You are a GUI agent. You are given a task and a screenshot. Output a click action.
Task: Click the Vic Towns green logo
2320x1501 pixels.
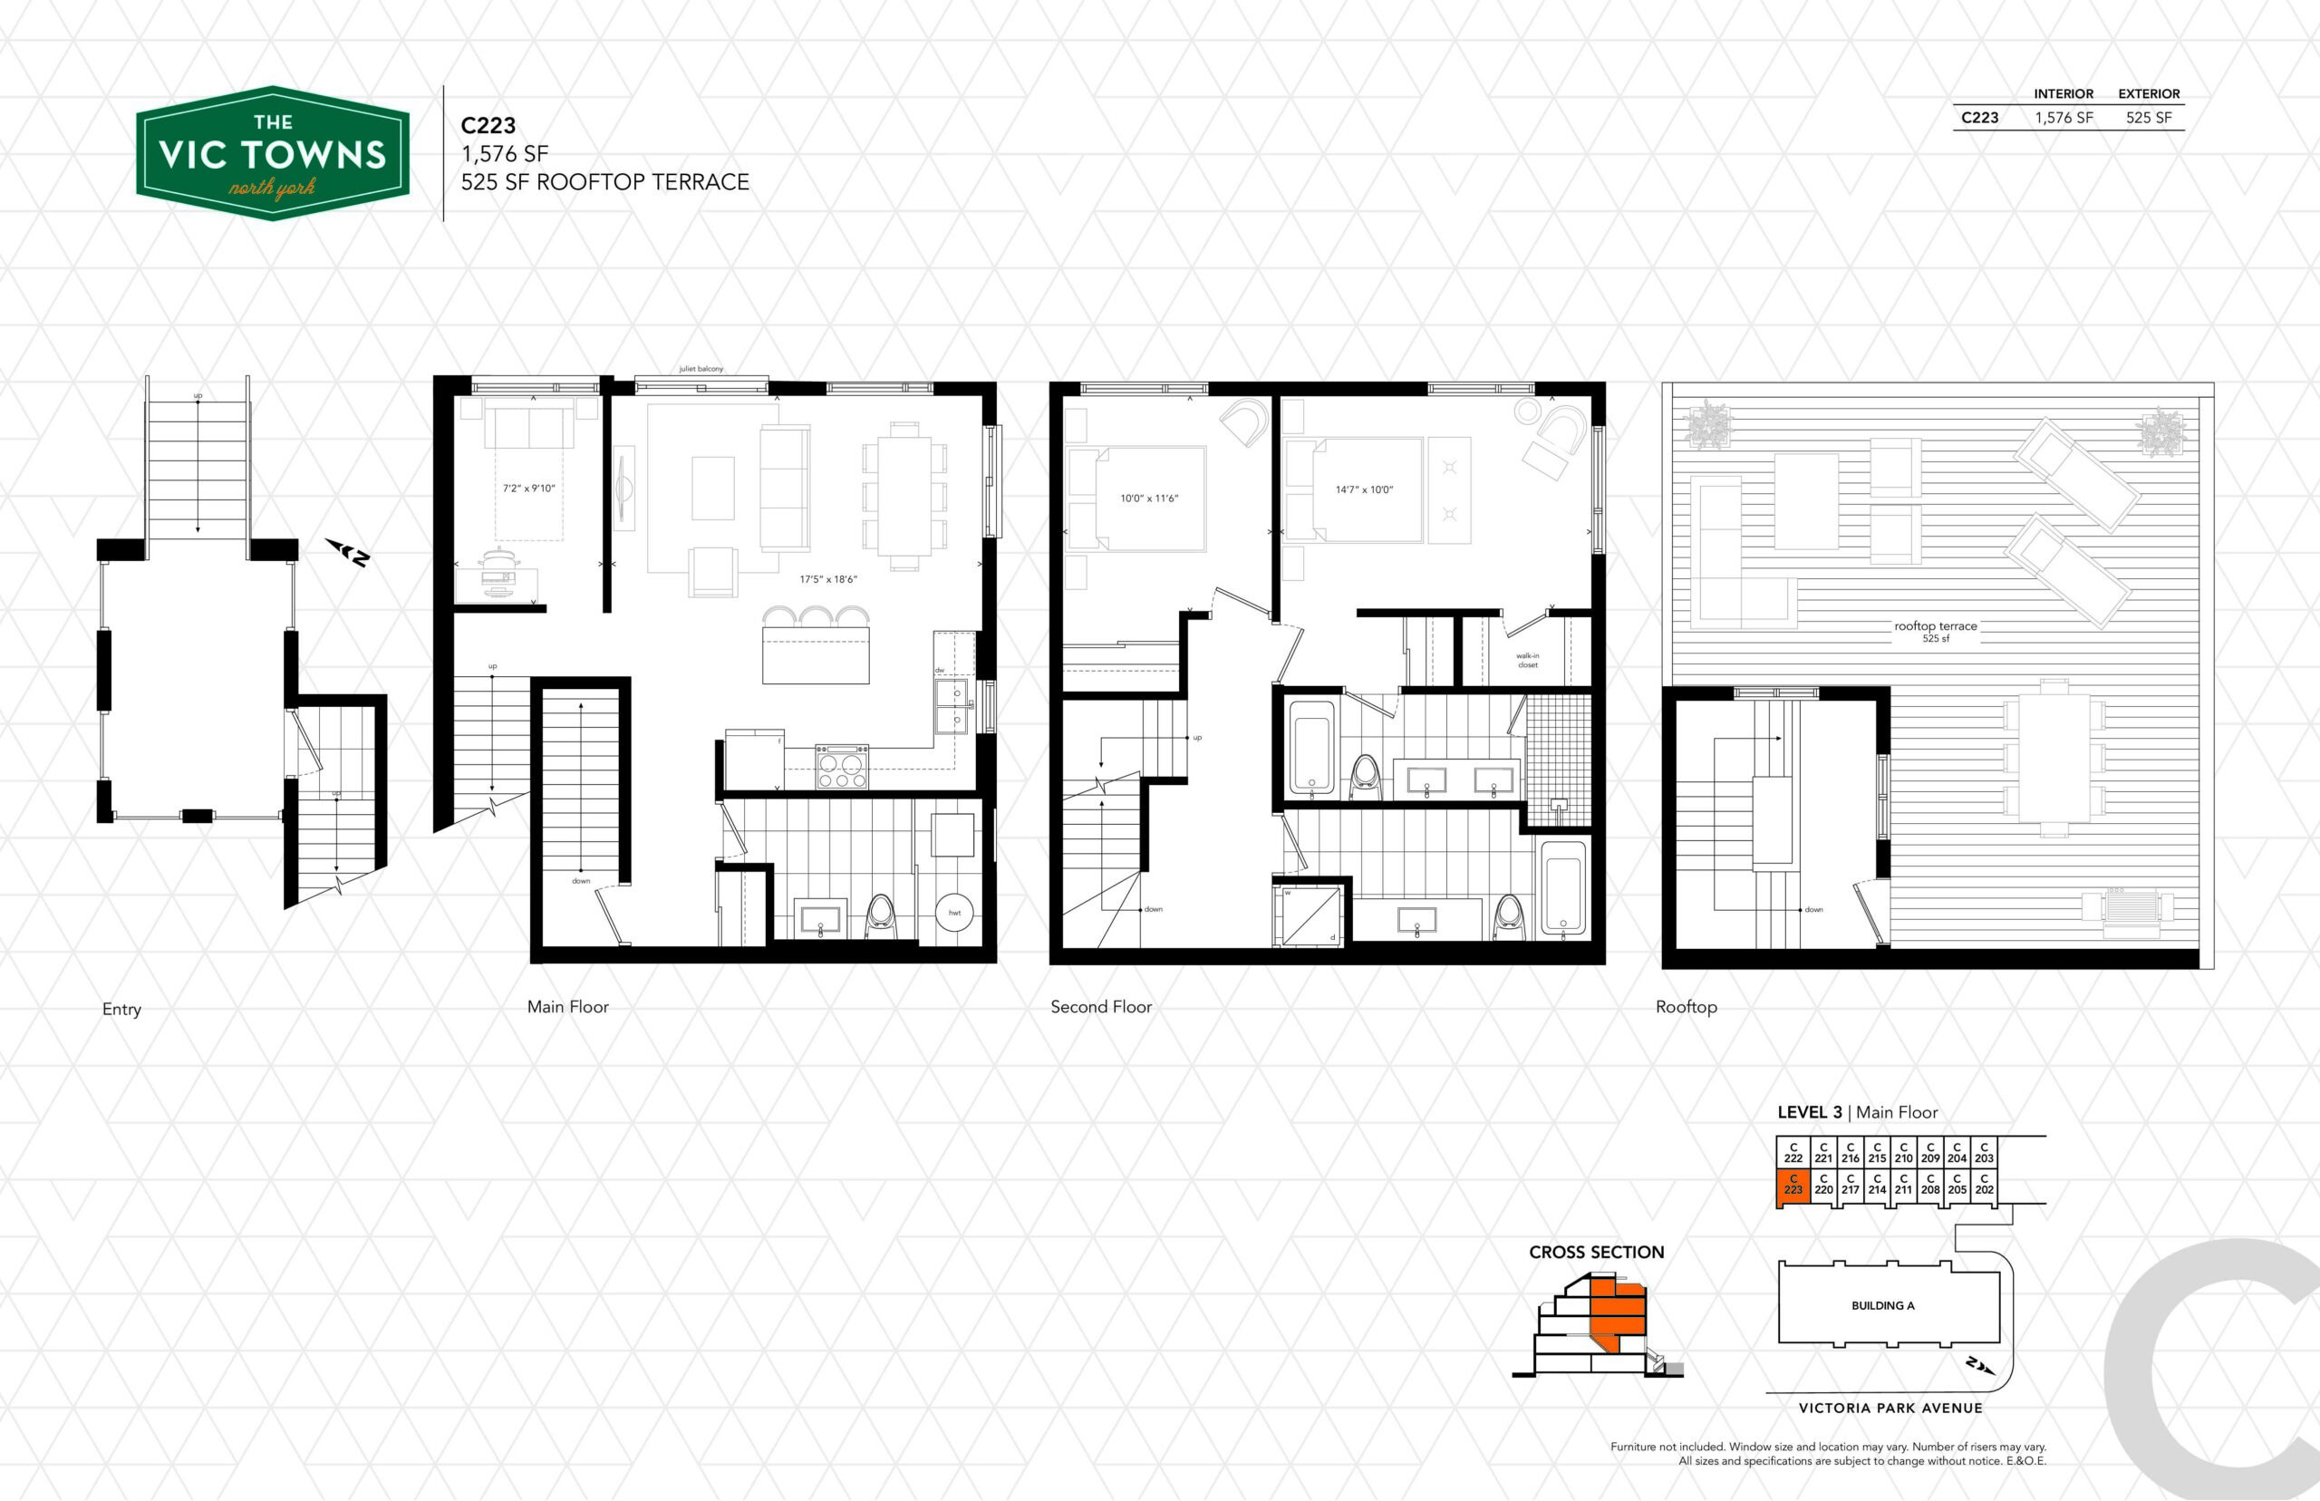click(x=272, y=153)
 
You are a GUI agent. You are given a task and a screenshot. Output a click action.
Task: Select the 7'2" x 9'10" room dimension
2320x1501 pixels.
click(x=528, y=489)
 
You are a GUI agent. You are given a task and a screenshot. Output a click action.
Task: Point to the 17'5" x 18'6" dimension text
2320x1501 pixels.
click(x=828, y=579)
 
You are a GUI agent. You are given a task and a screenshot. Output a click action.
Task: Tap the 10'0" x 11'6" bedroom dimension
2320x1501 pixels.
click(x=1149, y=498)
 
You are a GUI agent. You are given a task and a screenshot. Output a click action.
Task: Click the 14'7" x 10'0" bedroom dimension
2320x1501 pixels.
click(x=1364, y=489)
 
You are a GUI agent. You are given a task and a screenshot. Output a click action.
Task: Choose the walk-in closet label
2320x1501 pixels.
click(x=1527, y=660)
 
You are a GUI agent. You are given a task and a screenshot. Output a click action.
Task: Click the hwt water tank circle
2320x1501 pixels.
click(x=954, y=913)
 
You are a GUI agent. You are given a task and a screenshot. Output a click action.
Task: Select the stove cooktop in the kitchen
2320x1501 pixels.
click(x=842, y=766)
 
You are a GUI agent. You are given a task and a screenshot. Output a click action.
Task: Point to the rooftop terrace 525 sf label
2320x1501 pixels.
click(x=1935, y=632)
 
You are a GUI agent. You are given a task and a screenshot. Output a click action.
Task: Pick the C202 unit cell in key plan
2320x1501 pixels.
click(x=1984, y=1183)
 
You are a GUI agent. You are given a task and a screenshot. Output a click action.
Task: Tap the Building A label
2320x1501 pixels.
click(x=1882, y=1305)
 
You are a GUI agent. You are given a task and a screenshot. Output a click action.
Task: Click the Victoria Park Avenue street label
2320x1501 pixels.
click(x=1890, y=1408)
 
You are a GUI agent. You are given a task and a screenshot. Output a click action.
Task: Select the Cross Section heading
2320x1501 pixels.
click(x=1596, y=1253)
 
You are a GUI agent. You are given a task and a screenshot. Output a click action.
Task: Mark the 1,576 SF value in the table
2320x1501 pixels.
click(x=2064, y=118)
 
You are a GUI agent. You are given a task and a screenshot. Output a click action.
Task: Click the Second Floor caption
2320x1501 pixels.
click(x=1101, y=1007)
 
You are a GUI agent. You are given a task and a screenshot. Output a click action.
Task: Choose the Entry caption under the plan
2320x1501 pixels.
click(x=121, y=1009)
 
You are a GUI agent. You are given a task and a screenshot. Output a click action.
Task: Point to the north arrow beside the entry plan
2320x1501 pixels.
click(x=348, y=553)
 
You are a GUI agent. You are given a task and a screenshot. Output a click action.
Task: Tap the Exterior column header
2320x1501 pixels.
click(x=2149, y=93)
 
